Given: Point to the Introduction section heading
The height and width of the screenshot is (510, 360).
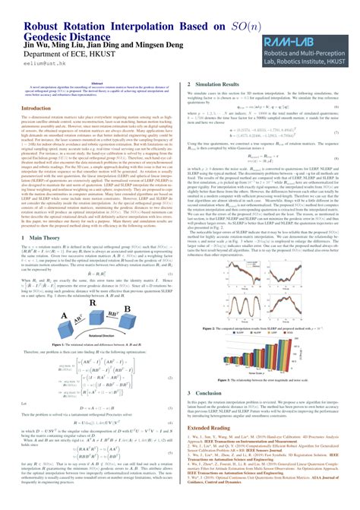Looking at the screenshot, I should tap(31, 129).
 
